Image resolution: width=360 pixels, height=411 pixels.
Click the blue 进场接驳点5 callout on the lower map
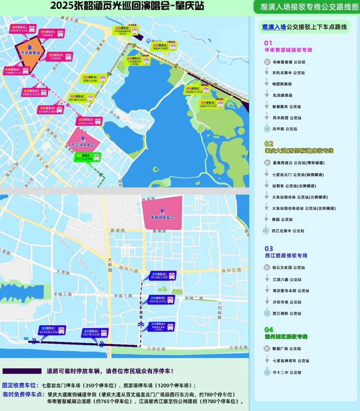163,276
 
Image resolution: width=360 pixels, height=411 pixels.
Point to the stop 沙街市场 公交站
287,302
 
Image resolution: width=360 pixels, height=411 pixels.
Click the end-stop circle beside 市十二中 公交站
267,372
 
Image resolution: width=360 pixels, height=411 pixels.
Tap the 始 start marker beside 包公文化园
267,268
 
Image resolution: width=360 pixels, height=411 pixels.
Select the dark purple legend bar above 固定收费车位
22,371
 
